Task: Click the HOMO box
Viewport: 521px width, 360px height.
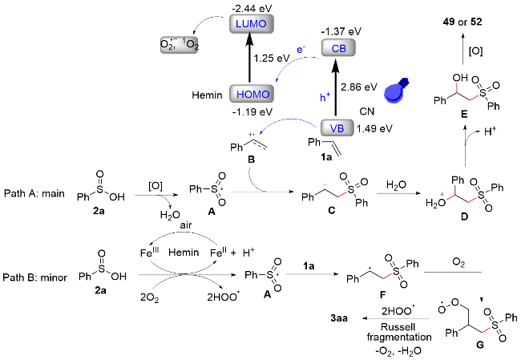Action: coord(252,94)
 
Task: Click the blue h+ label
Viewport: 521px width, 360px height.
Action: coord(325,97)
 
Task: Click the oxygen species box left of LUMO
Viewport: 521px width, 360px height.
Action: coord(178,45)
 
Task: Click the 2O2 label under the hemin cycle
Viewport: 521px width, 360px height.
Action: coord(149,296)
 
